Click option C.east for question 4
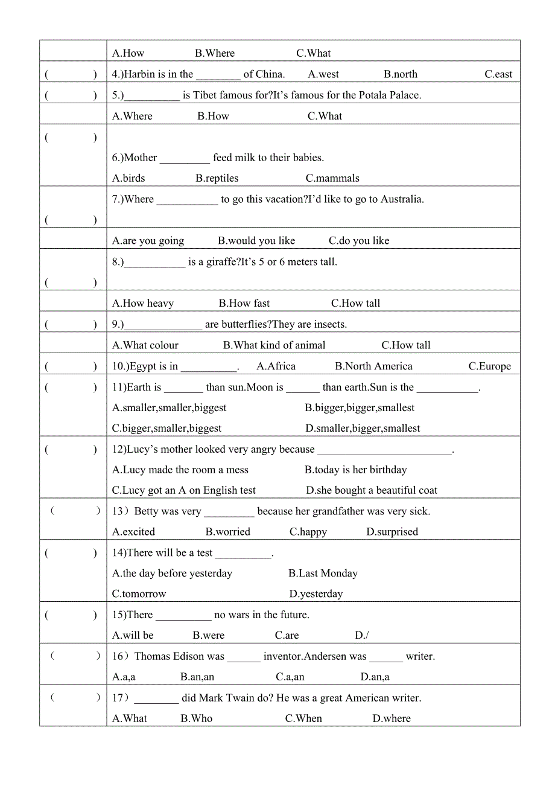(498, 74)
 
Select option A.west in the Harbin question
(323, 74)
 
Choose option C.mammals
(332, 178)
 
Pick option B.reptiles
(217, 178)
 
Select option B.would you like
(256, 241)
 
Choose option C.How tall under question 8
(355, 303)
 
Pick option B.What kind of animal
(274, 345)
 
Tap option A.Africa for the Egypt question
(276, 366)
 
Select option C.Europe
(490, 366)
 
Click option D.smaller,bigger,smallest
(363, 429)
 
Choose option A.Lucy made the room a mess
(180, 470)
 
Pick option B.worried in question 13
(227, 532)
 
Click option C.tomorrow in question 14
(139, 594)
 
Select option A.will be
(133, 635)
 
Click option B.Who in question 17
(197, 718)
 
